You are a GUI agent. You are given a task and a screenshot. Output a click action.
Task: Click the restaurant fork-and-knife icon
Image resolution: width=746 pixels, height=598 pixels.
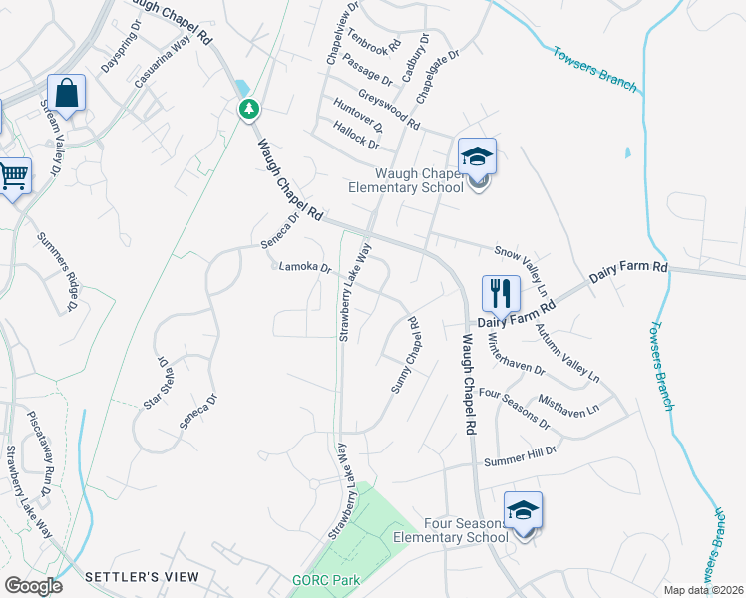coord(501,293)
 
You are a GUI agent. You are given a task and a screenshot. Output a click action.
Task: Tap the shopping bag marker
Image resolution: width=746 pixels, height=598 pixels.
coord(67,95)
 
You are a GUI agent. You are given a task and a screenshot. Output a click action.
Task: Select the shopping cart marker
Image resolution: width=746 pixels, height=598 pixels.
coord(13,177)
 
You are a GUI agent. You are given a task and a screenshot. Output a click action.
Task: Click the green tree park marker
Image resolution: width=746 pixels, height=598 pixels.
coord(248,108)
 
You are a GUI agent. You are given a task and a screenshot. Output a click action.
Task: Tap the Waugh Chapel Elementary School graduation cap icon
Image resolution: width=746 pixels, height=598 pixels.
coord(477,157)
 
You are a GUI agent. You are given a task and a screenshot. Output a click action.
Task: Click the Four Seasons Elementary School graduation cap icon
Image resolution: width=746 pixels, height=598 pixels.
coord(523,510)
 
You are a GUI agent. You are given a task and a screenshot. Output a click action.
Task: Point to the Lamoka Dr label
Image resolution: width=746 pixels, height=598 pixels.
coord(304,267)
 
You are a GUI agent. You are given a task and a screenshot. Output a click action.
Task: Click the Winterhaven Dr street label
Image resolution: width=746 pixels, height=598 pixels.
coord(516,354)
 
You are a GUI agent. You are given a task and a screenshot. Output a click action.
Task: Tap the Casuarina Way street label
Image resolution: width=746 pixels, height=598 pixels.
coord(162,61)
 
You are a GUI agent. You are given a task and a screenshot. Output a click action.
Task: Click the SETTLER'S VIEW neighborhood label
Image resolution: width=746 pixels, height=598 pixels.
coord(142,577)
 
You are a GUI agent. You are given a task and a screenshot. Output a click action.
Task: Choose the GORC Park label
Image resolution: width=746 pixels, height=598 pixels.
coord(327,580)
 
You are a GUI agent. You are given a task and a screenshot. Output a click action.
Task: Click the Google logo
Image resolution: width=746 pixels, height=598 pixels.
coord(32,585)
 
